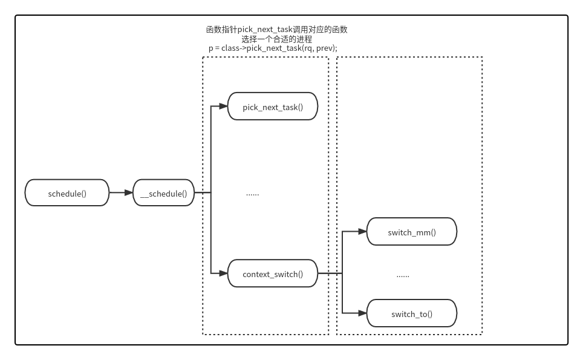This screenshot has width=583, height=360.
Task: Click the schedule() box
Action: tap(67, 193)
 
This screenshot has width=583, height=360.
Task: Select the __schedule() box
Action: tap(163, 193)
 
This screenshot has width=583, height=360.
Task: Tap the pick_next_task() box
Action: tap(272, 106)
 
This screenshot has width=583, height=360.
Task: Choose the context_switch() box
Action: tap(272, 273)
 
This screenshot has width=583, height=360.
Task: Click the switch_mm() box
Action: tap(411, 232)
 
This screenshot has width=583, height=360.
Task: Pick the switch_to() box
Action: tap(411, 313)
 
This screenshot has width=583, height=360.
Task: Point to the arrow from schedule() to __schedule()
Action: tap(120, 193)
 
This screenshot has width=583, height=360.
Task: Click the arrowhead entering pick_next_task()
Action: tap(223, 106)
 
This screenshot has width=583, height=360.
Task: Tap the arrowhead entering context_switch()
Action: tap(223, 273)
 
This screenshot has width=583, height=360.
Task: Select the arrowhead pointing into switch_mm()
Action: tap(362, 232)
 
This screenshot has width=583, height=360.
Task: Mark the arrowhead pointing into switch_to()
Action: tap(362, 313)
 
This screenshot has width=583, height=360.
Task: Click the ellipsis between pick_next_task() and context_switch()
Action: tap(252, 194)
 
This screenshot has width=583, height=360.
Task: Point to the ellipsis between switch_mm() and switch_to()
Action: tap(403, 275)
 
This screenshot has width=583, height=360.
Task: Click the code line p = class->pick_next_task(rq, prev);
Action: tap(272, 48)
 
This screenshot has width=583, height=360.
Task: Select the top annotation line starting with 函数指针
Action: tap(276, 29)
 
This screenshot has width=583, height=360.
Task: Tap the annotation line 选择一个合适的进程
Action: tap(276, 39)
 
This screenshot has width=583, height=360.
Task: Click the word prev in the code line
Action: tap(325, 48)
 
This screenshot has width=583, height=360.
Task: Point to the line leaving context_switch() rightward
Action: tap(330, 273)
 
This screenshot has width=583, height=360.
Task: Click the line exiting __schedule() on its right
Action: tap(202, 193)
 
